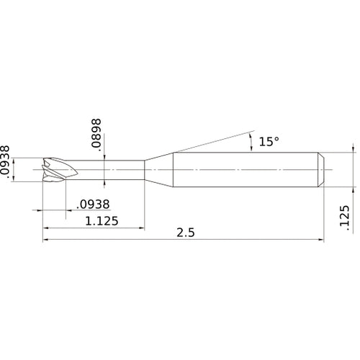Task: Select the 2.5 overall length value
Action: tap(186, 233)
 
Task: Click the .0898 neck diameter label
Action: tap(96, 134)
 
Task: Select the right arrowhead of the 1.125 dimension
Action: tap(142, 226)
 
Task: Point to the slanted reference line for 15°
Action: tap(209, 143)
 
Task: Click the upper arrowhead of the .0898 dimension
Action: tap(106, 160)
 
